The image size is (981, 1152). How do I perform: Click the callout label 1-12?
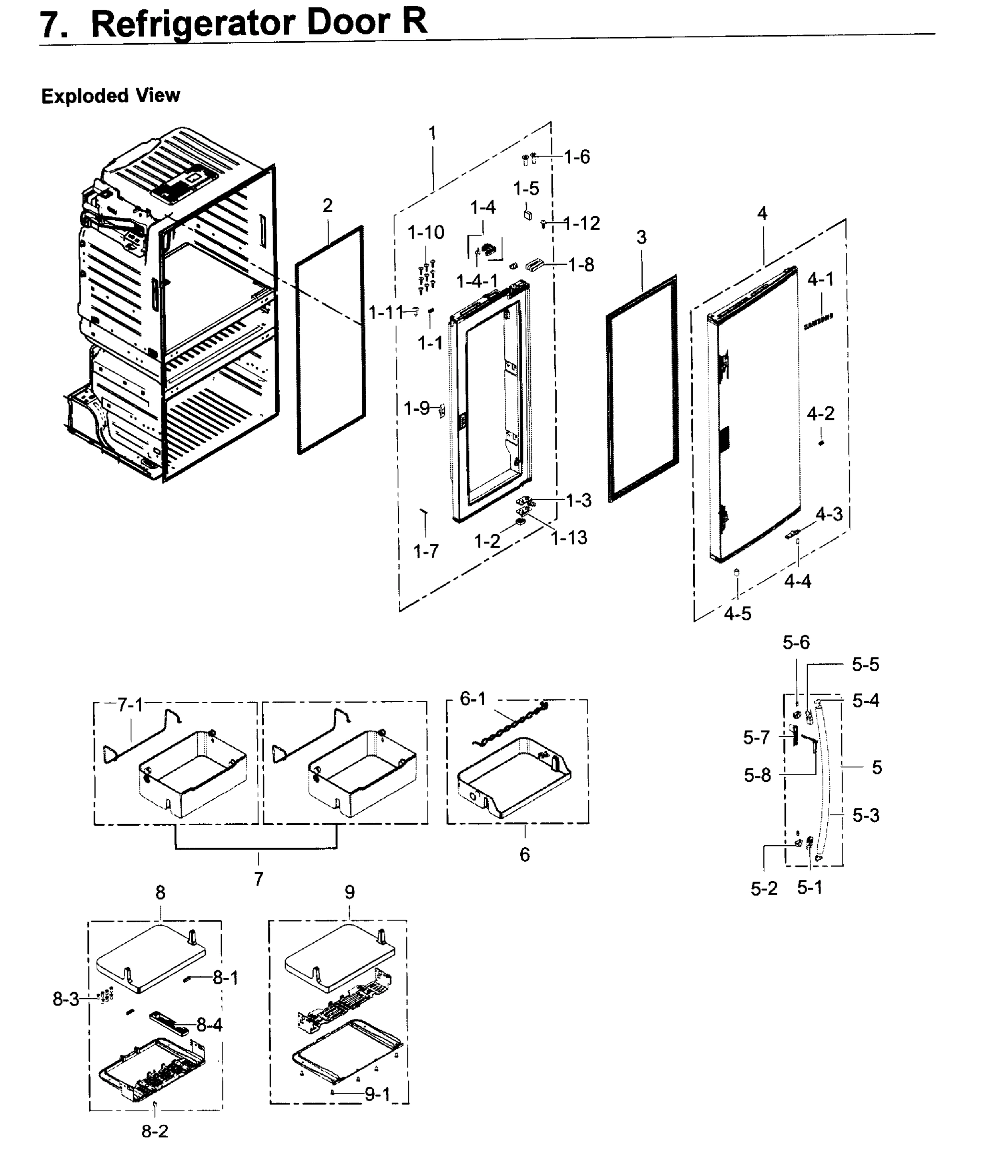pos(582,223)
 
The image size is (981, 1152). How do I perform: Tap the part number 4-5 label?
pos(737,613)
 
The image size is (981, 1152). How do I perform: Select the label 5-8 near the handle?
pos(758,775)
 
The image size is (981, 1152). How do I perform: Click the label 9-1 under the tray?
pos(378,1094)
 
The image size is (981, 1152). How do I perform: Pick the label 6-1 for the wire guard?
pos(473,698)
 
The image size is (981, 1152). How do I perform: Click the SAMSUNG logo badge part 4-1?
pos(818,322)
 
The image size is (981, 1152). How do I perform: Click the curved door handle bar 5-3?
pos(832,789)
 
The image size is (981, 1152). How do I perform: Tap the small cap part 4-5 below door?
pos(737,572)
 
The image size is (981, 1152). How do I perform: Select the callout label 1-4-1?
pos(477,281)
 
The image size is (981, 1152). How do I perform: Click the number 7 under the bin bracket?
pos(258,879)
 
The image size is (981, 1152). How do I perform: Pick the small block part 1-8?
pos(534,264)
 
